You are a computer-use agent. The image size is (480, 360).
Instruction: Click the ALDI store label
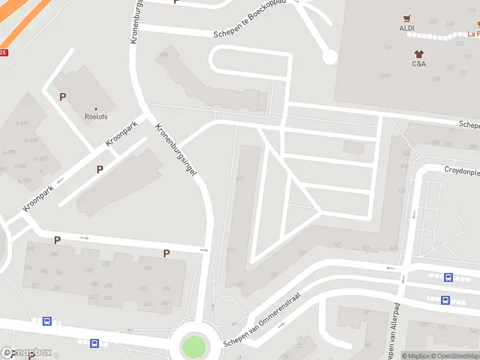[x=407, y=28]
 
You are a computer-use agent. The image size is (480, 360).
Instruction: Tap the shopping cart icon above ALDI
[x=407, y=18]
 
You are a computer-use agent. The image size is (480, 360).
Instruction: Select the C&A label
[x=419, y=64]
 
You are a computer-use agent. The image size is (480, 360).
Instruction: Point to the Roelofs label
[x=95, y=118]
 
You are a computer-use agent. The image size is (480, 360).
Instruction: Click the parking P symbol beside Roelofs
[x=62, y=97]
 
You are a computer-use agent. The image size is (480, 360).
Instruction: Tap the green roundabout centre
[x=193, y=346]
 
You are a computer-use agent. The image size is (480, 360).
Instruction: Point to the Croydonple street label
[x=462, y=171]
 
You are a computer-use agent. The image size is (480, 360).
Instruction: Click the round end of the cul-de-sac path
[x=329, y=57]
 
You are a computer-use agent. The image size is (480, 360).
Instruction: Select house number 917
[x=231, y=250]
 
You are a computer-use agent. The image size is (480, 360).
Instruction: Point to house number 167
[x=365, y=248]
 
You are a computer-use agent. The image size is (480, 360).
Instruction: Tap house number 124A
[x=385, y=75]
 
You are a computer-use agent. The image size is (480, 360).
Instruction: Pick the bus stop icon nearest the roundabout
[x=94, y=343]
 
